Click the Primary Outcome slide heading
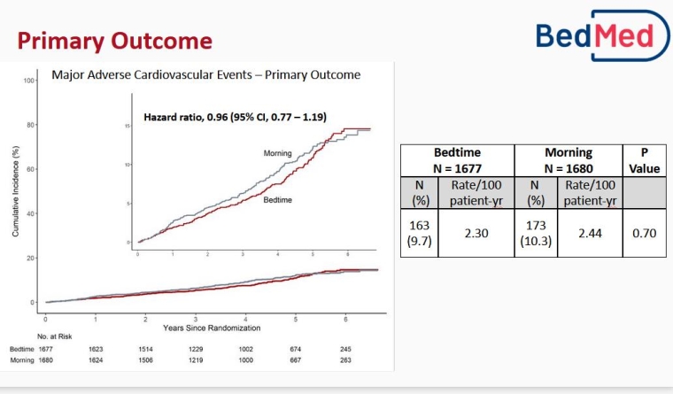pos(114,41)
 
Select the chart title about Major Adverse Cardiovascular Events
pos(205,75)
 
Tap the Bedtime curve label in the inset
pos(277,201)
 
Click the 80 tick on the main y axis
pos(29,125)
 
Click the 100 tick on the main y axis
pos(29,81)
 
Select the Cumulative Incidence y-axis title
pos(15,190)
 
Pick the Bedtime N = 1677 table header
pos(457,159)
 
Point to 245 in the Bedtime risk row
pos(345,349)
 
